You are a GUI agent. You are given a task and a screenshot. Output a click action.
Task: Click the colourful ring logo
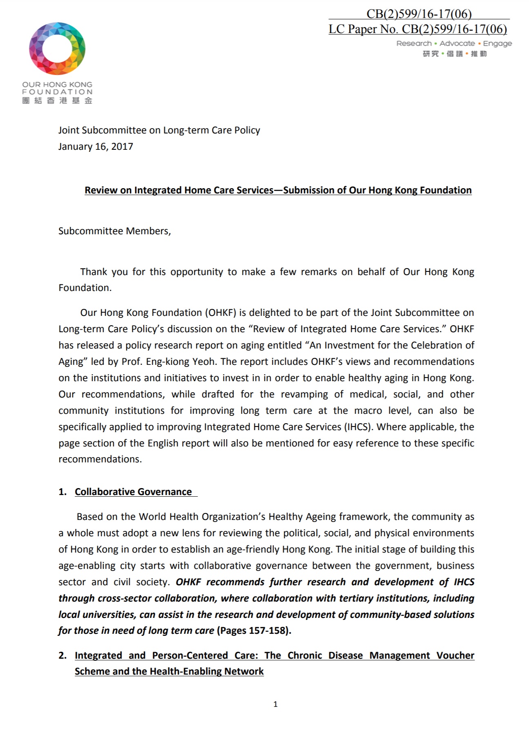tap(57, 49)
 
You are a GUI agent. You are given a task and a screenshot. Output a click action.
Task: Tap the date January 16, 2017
tap(96, 147)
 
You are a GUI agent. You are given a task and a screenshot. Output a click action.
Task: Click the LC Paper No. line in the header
tap(417, 29)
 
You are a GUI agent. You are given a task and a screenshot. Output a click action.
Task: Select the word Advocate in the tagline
tap(457, 43)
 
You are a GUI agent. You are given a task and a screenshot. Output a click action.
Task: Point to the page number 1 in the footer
tap(275, 704)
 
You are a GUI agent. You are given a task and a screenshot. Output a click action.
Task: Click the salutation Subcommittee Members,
tap(114, 231)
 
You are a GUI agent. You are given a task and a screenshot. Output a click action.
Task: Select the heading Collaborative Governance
tap(133, 492)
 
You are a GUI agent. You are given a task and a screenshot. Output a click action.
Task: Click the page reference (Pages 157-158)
tap(254, 631)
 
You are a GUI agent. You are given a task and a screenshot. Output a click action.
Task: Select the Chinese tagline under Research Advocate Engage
tap(455, 54)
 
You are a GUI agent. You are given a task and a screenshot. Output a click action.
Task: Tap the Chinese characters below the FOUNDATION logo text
tap(57, 100)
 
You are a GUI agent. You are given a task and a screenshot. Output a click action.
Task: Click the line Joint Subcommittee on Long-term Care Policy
tap(159, 130)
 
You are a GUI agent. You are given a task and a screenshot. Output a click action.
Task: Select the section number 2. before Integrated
tap(62, 655)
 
